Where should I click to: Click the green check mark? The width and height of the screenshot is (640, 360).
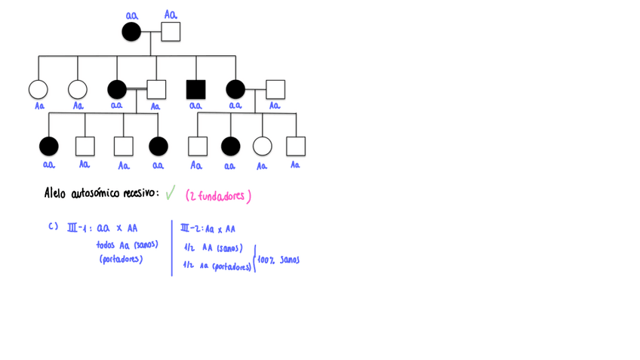170,194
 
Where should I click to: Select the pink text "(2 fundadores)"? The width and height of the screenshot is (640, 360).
218,196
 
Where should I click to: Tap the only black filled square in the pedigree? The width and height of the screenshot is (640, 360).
196,89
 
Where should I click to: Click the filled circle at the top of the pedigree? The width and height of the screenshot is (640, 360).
131,32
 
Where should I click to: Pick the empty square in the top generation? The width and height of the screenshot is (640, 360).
171,32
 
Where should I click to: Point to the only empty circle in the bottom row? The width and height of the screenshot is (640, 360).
262,146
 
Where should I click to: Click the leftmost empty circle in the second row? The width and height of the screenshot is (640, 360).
38,89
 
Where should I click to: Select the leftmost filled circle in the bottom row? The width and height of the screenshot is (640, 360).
48,146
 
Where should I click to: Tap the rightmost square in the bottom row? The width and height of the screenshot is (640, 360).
296,146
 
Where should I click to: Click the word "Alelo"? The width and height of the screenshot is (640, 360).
57,194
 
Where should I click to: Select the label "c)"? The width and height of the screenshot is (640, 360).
53,226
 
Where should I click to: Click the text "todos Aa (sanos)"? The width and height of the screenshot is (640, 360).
127,245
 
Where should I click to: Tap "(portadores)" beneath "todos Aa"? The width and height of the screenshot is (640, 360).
121,259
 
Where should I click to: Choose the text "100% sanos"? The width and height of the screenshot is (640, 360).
278,260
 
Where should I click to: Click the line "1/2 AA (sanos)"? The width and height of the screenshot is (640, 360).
212,247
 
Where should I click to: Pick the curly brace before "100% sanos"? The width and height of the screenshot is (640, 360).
255,258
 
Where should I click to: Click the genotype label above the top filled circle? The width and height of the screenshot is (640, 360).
132,15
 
